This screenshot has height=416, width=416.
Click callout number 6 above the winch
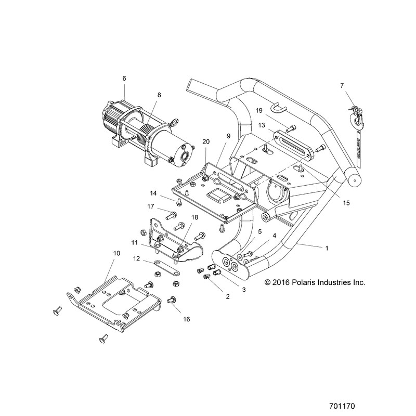124,79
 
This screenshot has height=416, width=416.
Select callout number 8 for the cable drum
159,95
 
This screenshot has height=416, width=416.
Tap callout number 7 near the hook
342,86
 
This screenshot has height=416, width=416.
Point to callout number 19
259,110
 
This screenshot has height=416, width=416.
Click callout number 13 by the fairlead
262,125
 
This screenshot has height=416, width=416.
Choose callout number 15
346,203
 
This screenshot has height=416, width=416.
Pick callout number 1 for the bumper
327,248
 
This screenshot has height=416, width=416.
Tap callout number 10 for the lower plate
116,253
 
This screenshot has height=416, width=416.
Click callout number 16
187,319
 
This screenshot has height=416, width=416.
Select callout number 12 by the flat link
136,258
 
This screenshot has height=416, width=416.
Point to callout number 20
206,141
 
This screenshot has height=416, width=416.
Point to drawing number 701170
342,406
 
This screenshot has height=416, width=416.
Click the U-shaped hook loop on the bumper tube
278,107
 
